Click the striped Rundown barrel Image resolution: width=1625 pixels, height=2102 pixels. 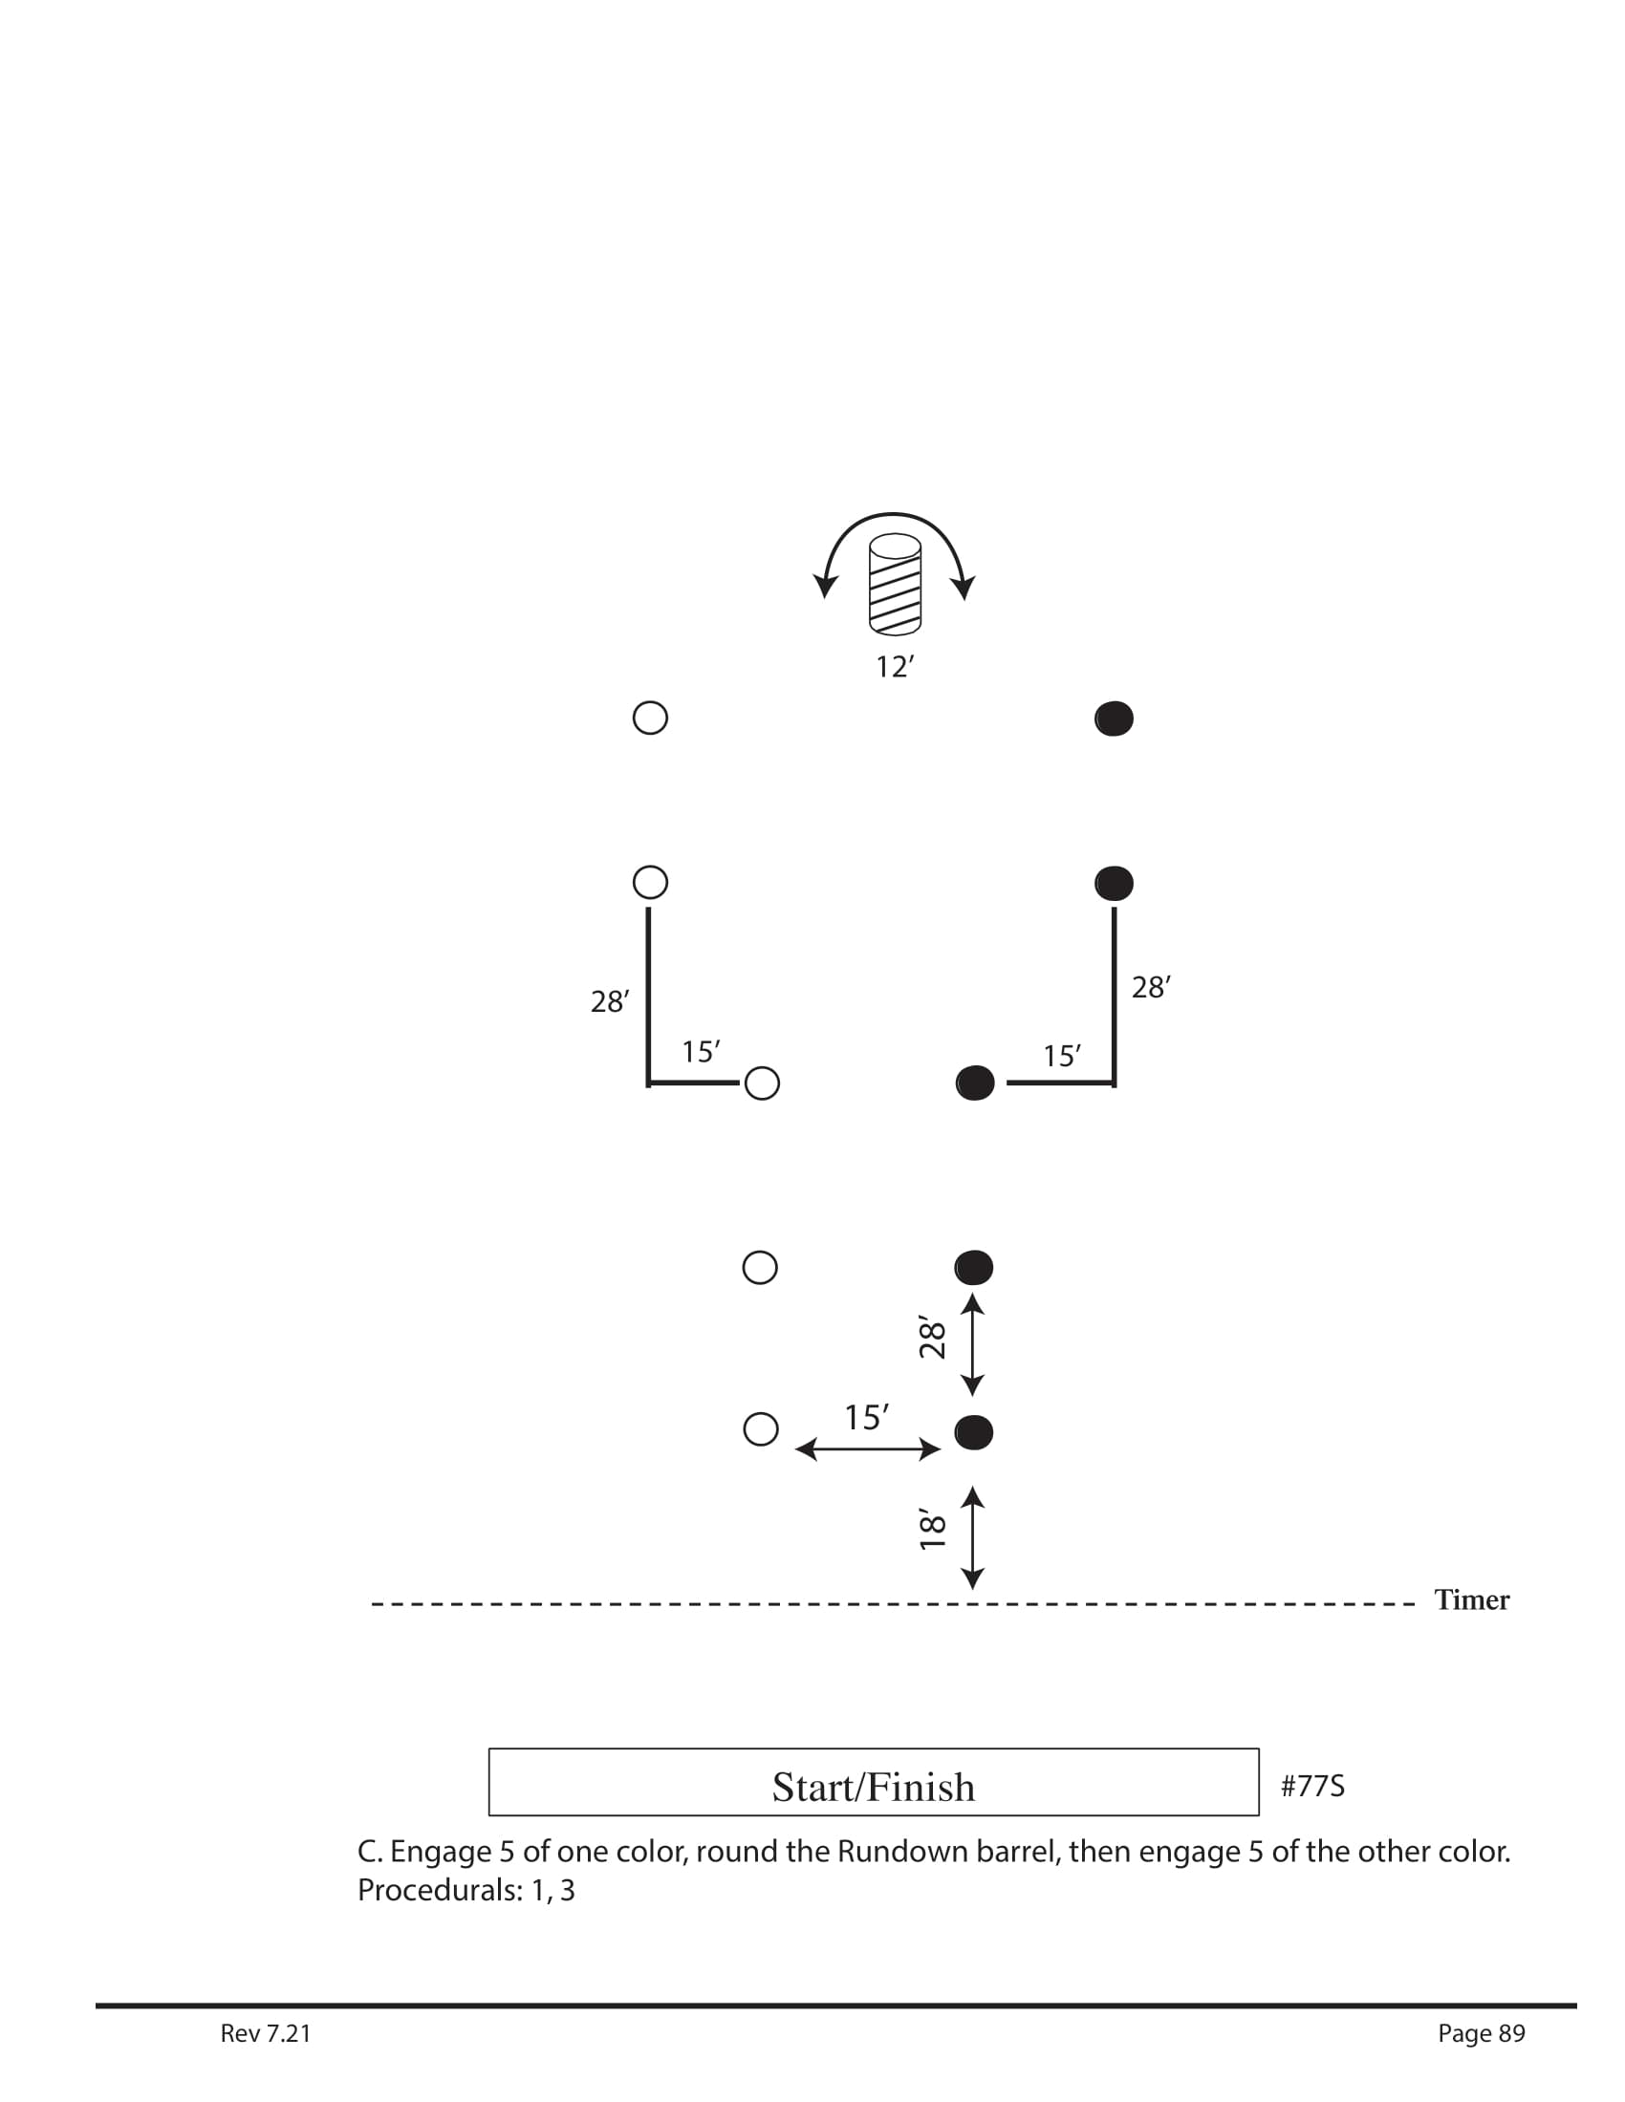click(x=895, y=584)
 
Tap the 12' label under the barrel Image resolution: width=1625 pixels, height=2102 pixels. click(x=895, y=666)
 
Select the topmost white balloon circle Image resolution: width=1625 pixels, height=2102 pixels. click(x=651, y=718)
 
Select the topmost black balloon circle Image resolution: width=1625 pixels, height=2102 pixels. click(x=1114, y=719)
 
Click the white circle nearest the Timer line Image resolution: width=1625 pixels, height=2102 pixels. click(x=762, y=1429)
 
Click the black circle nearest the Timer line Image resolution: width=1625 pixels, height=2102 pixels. click(x=973, y=1433)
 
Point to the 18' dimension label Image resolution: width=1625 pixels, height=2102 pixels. click(x=931, y=1530)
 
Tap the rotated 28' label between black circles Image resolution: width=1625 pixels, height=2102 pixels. click(x=931, y=1337)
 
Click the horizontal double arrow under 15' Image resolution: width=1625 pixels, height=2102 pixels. click(x=867, y=1449)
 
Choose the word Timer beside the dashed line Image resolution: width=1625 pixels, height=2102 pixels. click(x=1472, y=1599)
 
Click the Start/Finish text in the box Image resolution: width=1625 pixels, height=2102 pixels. click(x=873, y=1788)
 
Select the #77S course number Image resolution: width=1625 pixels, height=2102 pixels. click(x=1312, y=1787)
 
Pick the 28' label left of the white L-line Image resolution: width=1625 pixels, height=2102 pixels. click(x=610, y=1002)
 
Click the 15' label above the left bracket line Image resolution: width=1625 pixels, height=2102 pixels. click(x=701, y=1052)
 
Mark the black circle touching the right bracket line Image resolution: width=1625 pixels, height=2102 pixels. click(x=975, y=1083)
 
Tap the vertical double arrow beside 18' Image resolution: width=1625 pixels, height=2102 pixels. click(x=973, y=1537)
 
